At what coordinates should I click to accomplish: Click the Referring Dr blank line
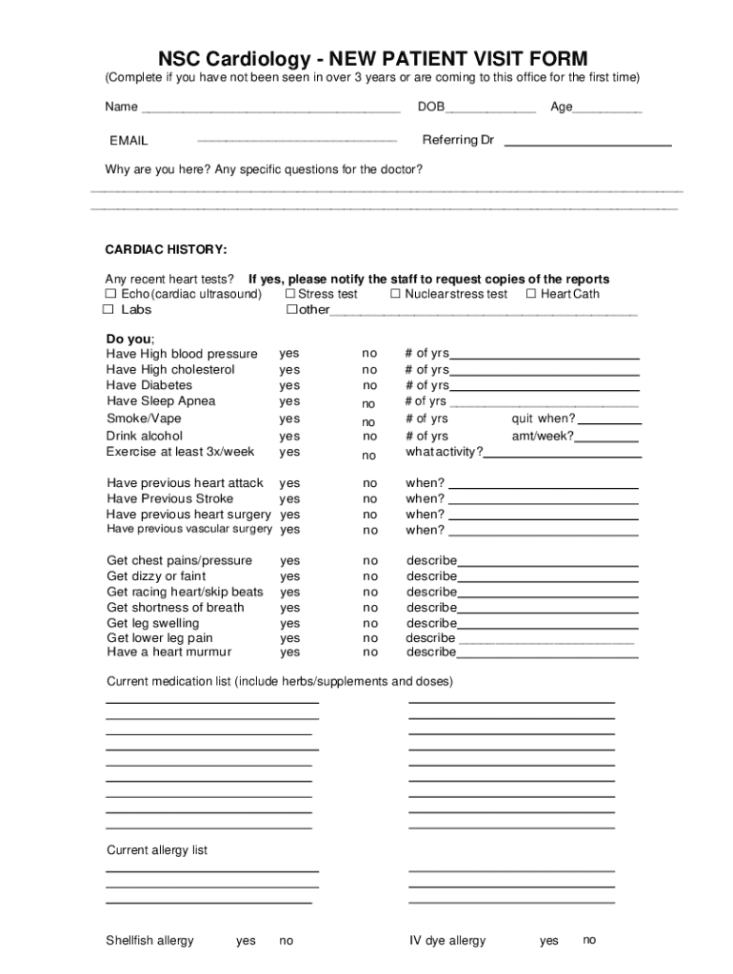click(587, 144)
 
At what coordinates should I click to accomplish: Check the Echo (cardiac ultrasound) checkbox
click(110, 294)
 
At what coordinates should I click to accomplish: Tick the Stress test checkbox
click(289, 294)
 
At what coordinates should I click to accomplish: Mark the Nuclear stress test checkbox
click(395, 294)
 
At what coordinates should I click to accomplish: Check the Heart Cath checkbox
click(531, 294)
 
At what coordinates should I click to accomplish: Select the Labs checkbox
click(110, 310)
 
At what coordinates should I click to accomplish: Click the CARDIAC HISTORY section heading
click(166, 249)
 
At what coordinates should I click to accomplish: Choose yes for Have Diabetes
click(289, 386)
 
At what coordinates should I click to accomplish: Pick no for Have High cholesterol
click(369, 370)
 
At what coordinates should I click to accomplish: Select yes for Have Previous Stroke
click(289, 499)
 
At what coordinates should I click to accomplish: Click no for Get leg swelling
click(369, 624)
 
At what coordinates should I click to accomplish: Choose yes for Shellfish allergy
click(246, 941)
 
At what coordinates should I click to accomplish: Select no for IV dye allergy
click(589, 940)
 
